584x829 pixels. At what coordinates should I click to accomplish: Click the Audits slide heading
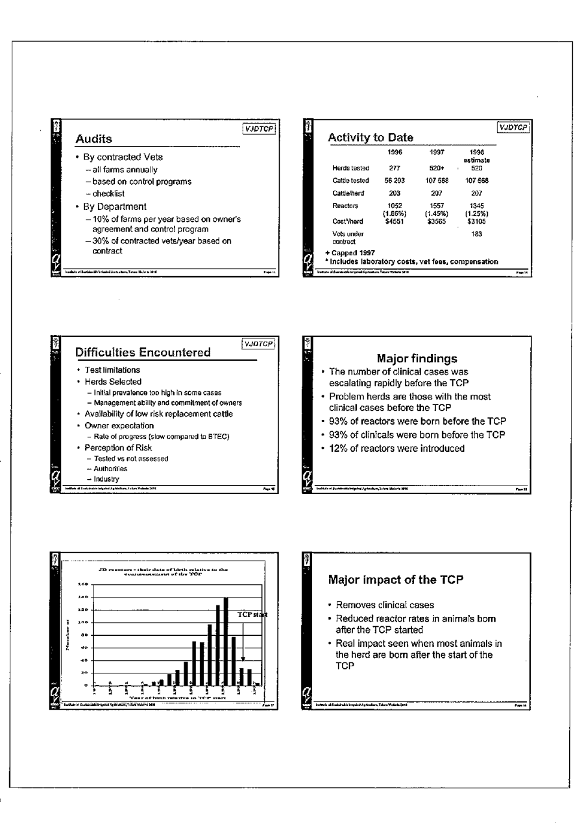(x=94, y=139)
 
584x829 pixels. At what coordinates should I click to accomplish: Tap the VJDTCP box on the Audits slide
(x=258, y=129)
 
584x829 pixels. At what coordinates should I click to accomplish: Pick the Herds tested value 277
(x=395, y=168)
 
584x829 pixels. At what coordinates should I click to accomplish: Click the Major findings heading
(x=417, y=358)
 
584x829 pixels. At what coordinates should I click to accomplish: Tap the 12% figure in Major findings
(x=340, y=448)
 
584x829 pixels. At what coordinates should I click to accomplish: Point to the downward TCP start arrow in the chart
(x=243, y=642)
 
